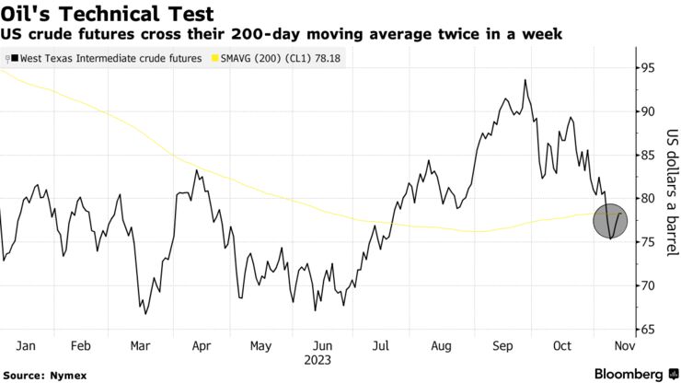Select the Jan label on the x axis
click(x=26, y=345)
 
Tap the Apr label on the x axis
click(x=202, y=345)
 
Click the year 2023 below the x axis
click(x=319, y=360)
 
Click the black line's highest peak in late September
click(x=525, y=80)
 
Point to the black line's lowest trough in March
click(x=145, y=314)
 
